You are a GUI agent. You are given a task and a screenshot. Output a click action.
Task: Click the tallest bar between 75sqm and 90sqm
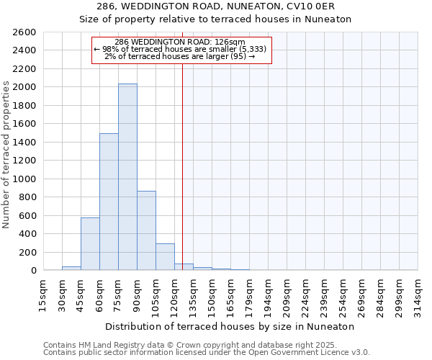127,177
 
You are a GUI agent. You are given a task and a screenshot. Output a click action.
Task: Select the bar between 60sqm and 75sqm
109,202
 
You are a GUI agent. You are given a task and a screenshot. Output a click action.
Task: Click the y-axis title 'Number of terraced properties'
7,155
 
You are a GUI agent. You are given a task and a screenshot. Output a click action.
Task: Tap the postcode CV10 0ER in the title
311,6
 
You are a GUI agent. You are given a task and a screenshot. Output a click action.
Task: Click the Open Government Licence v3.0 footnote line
207,353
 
